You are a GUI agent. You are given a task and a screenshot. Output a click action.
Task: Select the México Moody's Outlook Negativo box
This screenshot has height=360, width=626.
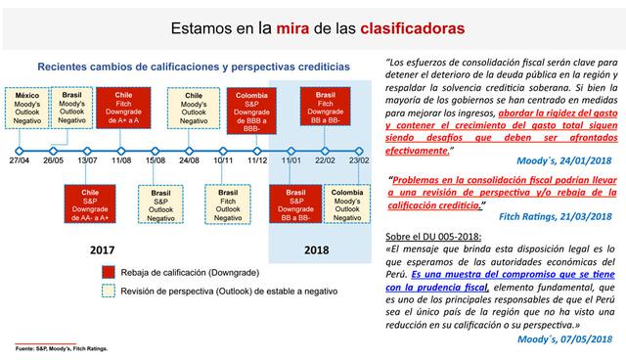27,111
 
